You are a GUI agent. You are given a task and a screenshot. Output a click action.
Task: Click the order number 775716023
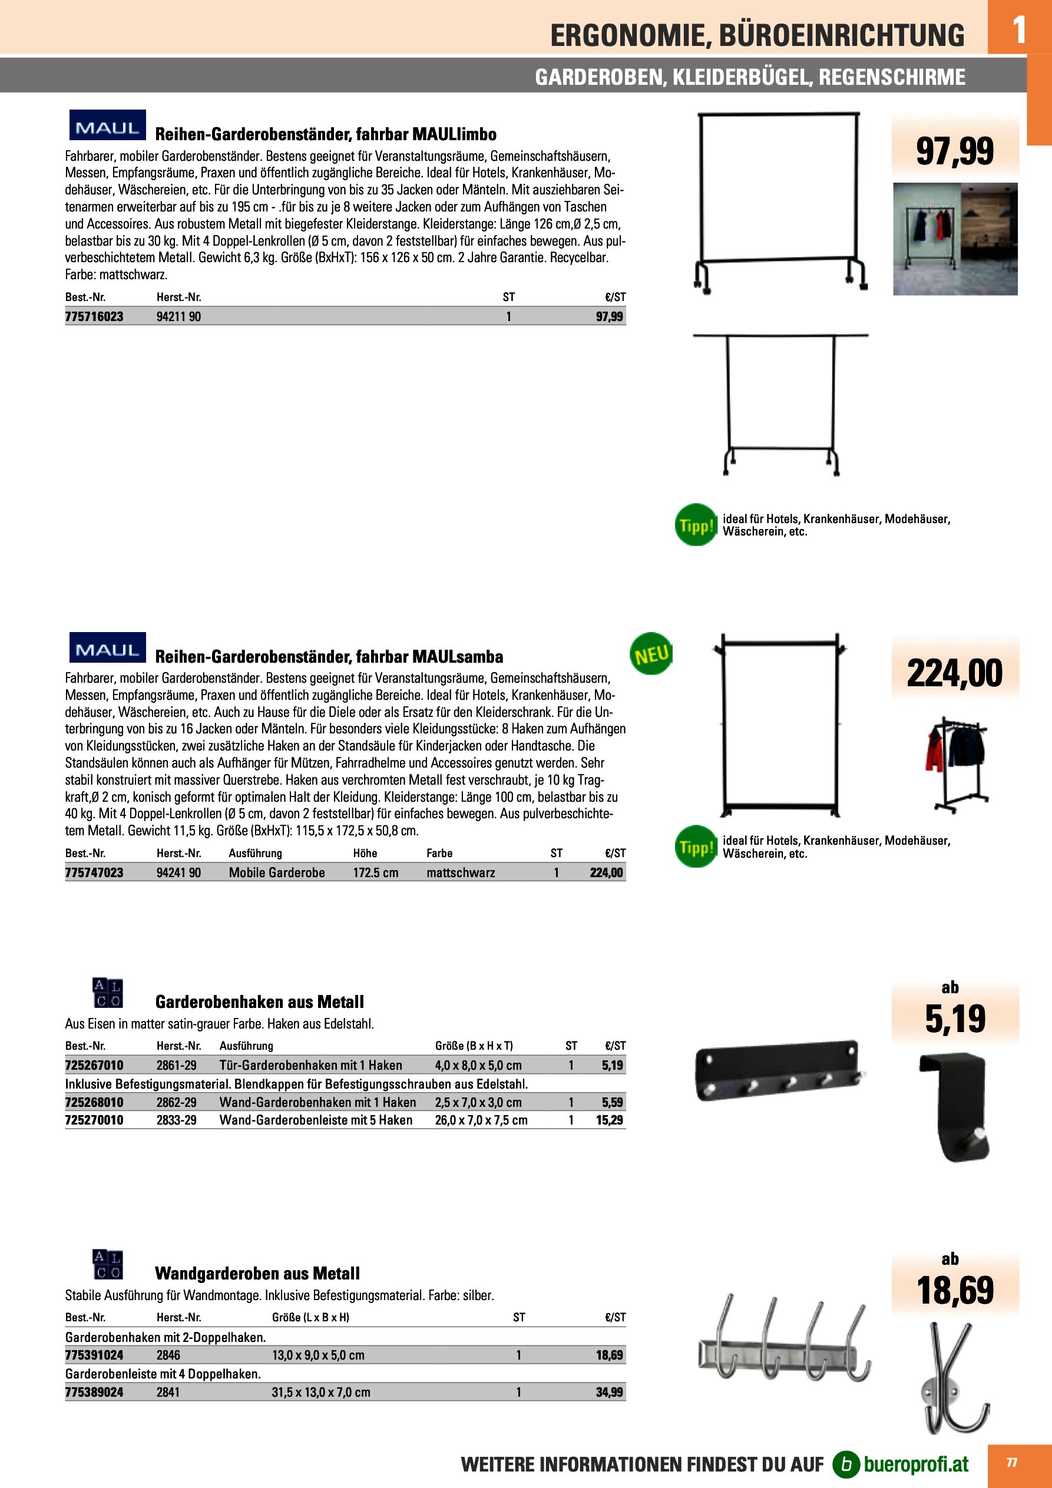(94, 316)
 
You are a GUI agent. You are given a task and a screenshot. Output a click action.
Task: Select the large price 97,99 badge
(954, 151)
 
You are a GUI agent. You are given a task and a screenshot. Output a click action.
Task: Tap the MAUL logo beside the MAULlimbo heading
(108, 125)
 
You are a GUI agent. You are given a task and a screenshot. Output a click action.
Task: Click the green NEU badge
(651, 654)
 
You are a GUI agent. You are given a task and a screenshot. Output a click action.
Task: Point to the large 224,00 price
(954, 673)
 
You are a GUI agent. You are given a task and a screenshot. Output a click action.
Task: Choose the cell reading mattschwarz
(460, 873)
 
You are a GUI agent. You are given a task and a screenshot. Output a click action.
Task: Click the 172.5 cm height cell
(375, 873)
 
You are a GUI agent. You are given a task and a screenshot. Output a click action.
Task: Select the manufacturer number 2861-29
(176, 1066)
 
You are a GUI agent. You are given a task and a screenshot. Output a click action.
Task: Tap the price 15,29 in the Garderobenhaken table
(609, 1120)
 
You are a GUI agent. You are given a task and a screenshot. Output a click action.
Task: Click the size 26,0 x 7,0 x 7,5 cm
(481, 1120)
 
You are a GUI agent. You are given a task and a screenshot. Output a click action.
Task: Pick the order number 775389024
(94, 1392)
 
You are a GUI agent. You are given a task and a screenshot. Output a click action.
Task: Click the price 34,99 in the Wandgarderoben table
(609, 1392)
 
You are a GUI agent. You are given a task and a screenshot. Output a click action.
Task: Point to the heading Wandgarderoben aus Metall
(257, 1274)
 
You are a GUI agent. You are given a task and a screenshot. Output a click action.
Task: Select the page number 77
(1011, 1463)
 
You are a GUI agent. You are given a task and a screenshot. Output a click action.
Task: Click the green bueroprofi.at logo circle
(845, 1464)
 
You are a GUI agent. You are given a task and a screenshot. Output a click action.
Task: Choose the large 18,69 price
(955, 1290)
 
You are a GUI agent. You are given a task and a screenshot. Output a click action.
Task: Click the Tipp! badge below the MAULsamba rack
(696, 846)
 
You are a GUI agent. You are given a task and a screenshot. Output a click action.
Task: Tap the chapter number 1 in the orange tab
(1019, 29)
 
